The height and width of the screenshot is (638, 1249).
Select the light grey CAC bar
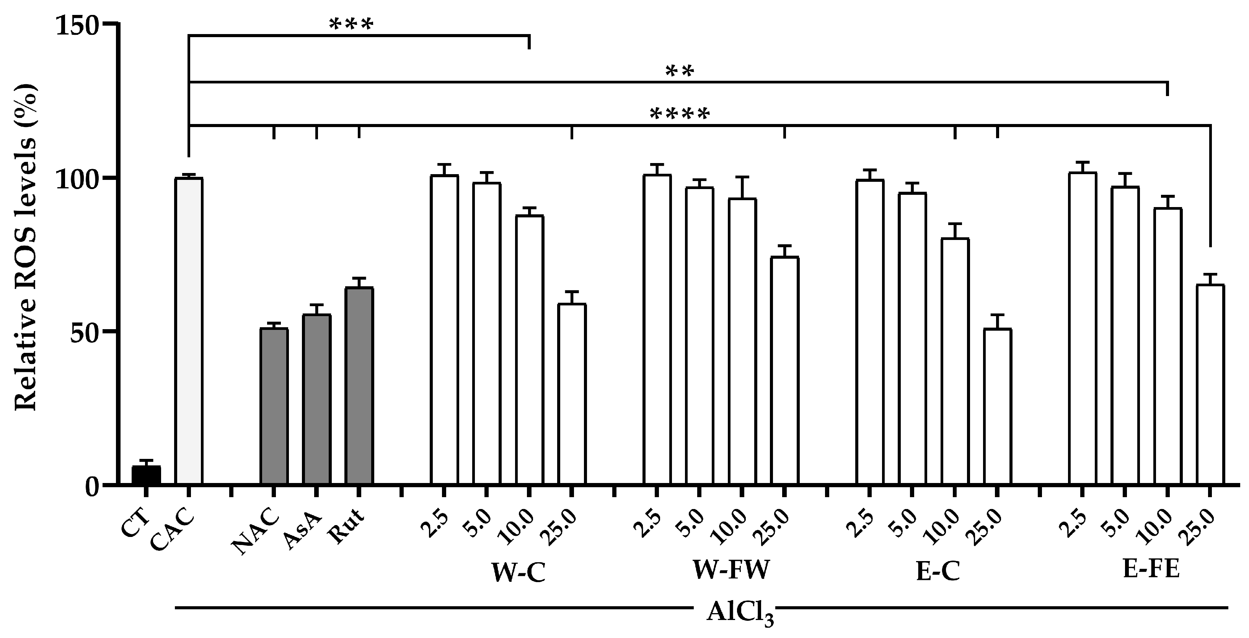[x=189, y=331]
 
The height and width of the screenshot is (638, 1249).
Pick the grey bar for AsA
[x=316, y=399]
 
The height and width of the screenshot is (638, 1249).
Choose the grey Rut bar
[x=359, y=385]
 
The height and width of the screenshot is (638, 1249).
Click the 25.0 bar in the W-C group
[x=572, y=394]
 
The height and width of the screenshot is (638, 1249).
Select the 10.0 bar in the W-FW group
[x=742, y=341]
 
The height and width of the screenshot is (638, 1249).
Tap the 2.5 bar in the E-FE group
[x=1082, y=328]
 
